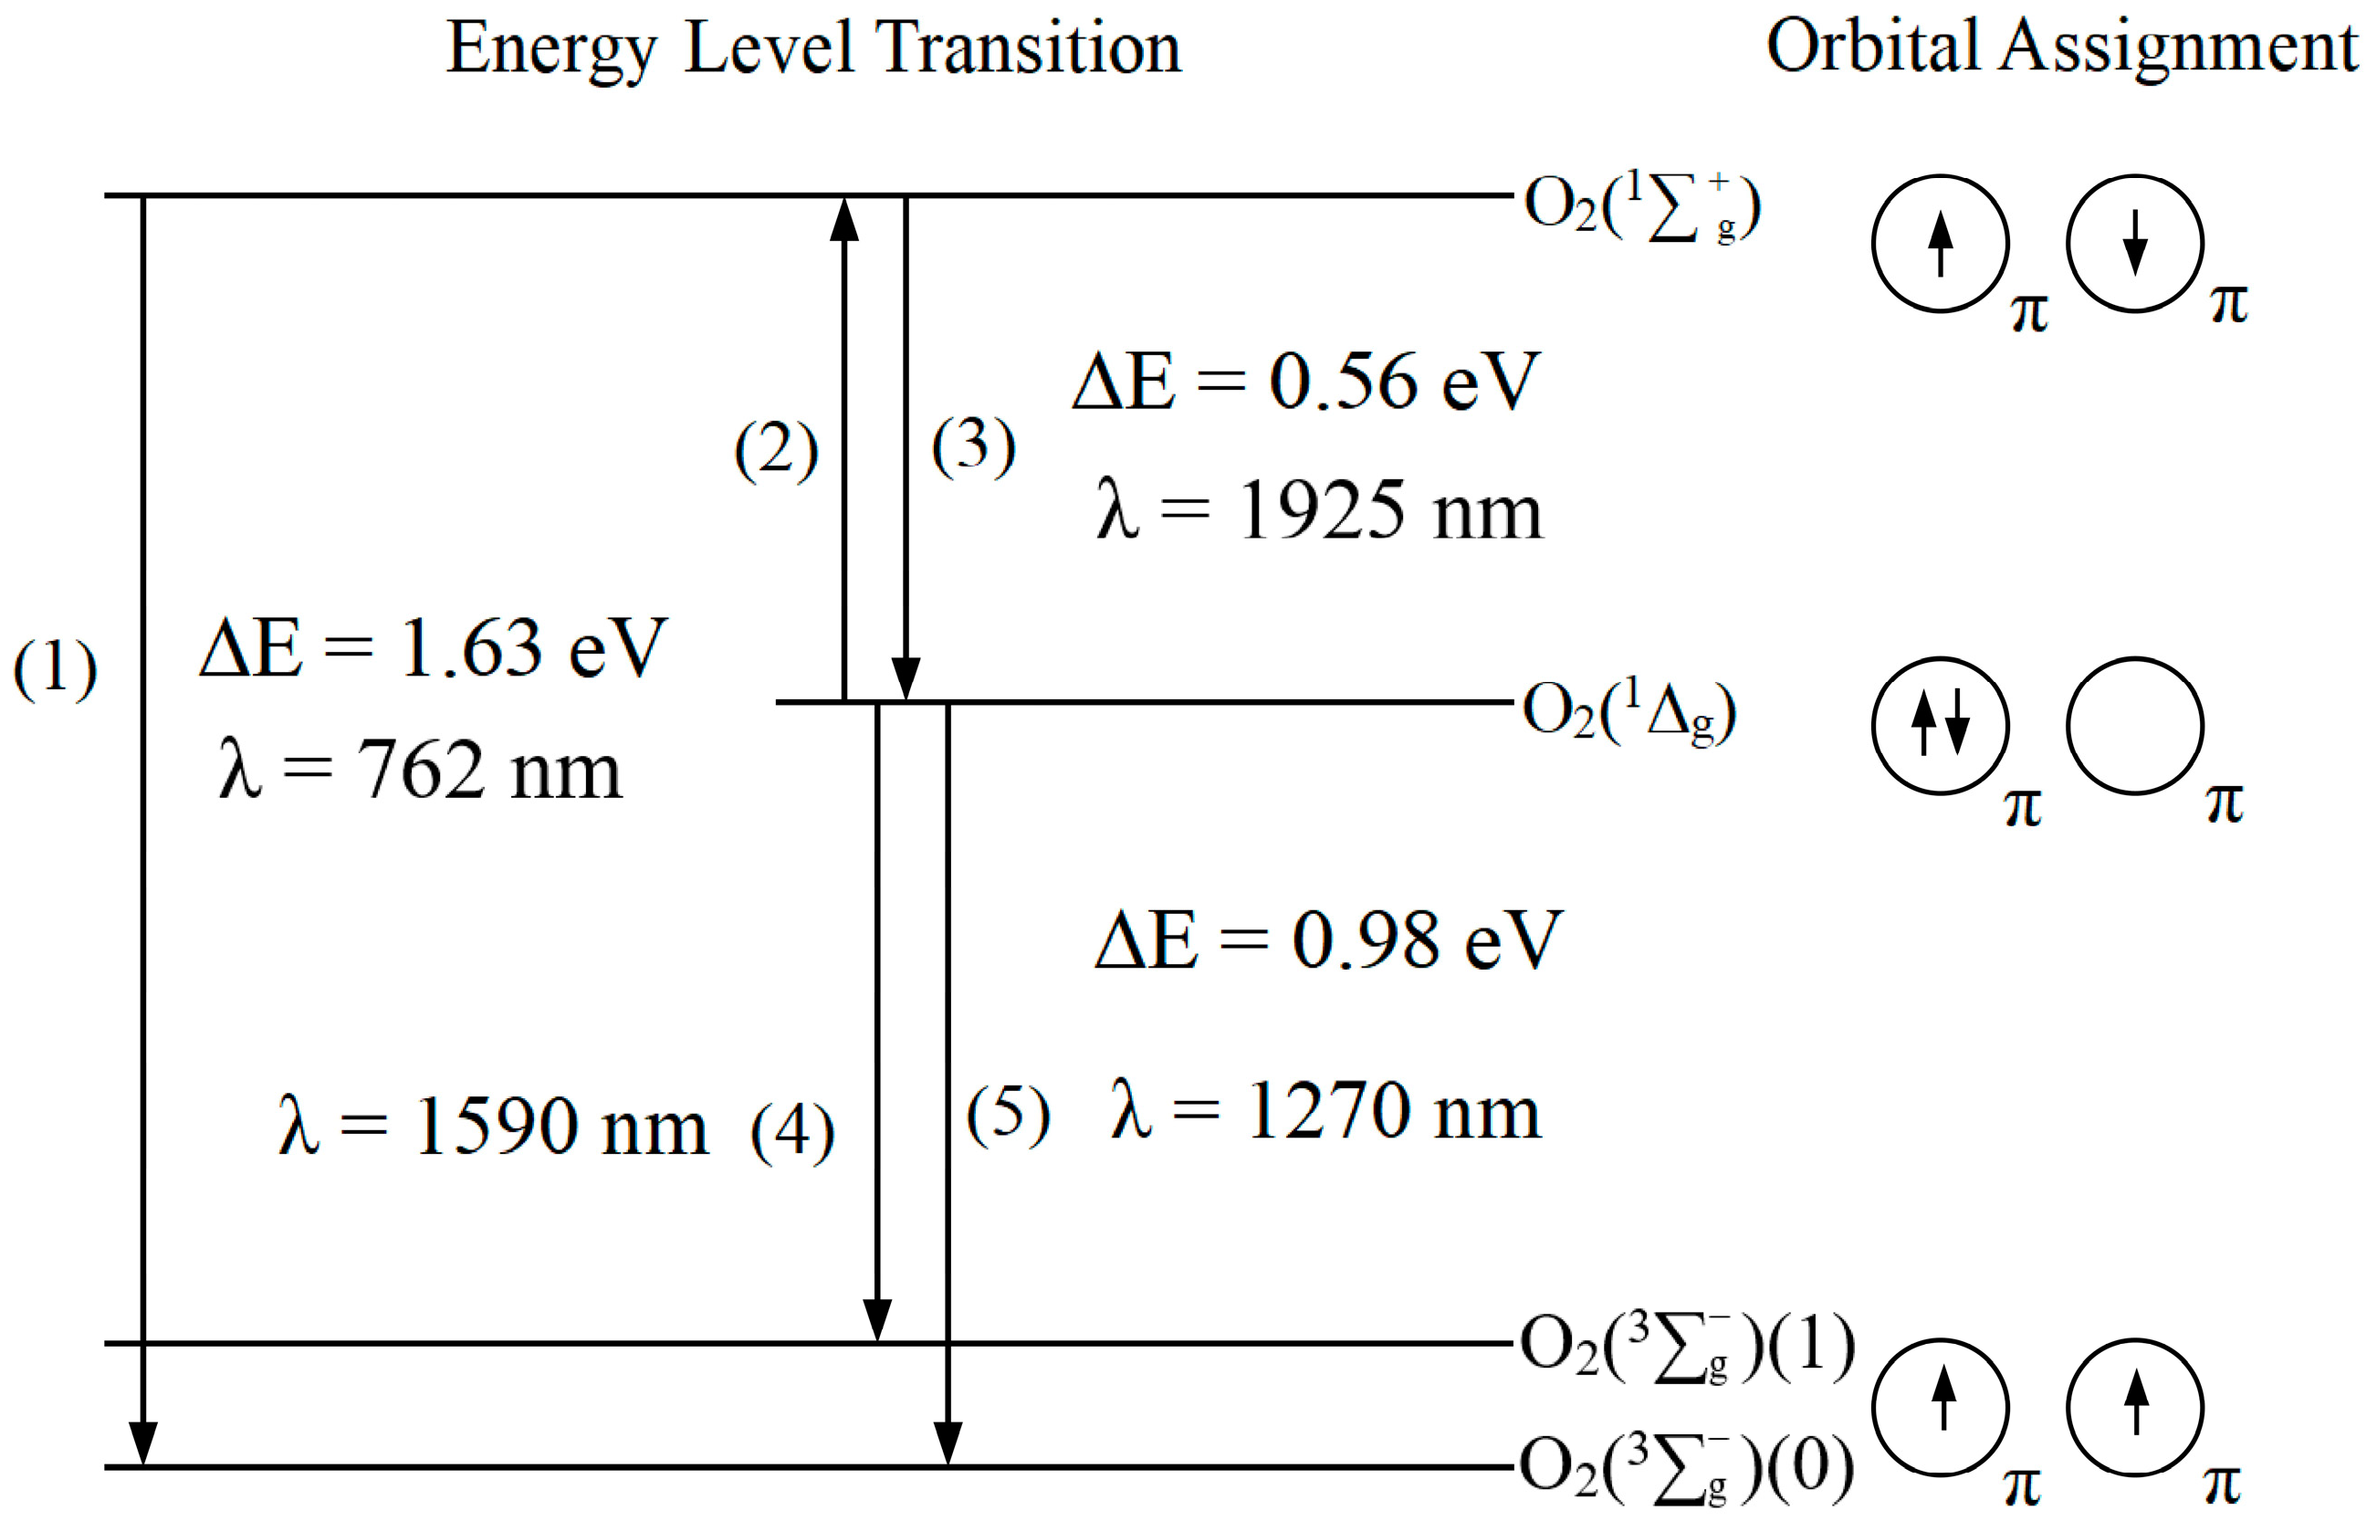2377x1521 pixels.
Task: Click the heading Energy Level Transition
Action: [812, 49]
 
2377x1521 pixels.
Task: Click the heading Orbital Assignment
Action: [2061, 49]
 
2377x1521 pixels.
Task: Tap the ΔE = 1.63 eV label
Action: [434, 649]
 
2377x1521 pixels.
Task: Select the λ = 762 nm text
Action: [421, 771]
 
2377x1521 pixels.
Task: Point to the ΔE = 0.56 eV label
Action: [1305, 383]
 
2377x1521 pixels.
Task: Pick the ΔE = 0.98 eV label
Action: [1328, 940]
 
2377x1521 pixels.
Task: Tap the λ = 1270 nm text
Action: [1325, 1112]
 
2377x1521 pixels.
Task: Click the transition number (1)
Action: [56, 669]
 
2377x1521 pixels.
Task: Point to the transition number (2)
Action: [776, 450]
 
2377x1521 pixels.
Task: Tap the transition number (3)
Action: [974, 446]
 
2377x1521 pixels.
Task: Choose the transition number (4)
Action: [792, 1132]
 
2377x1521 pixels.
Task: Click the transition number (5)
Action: [1007, 1115]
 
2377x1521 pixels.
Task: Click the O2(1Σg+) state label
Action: [1641, 207]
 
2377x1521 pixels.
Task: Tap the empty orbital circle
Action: [2135, 727]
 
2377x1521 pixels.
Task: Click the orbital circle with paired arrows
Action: [1941, 727]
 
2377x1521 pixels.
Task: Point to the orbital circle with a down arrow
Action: [2135, 244]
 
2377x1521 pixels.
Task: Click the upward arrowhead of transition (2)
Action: [843, 219]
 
